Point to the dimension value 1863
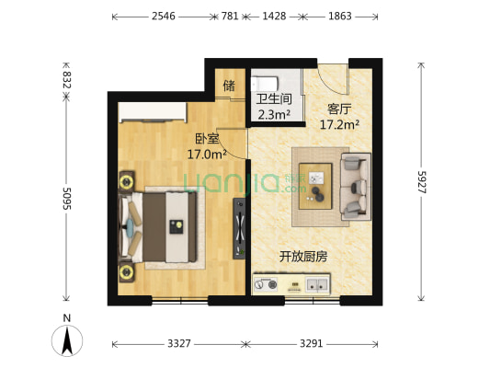point(338,17)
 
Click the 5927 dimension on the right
point(421,180)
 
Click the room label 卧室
point(193,140)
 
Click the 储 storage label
point(229,86)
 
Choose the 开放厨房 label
point(303,257)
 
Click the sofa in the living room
point(354,187)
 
